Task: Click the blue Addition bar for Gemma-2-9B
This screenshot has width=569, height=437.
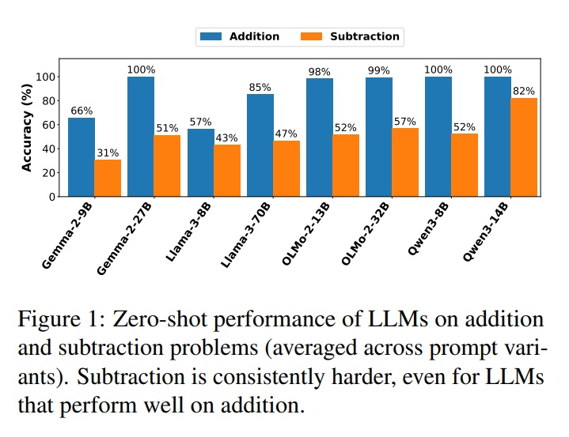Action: [81, 156]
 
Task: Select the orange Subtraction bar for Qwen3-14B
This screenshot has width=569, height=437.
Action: [525, 147]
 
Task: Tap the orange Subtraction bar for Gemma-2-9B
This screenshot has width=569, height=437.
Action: [108, 178]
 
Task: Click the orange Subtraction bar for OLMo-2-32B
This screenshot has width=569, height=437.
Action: [406, 162]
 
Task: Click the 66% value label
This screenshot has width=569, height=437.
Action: [81, 111]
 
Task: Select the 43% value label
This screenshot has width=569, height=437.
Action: [226, 138]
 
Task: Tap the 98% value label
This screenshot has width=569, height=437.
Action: [319, 72]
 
